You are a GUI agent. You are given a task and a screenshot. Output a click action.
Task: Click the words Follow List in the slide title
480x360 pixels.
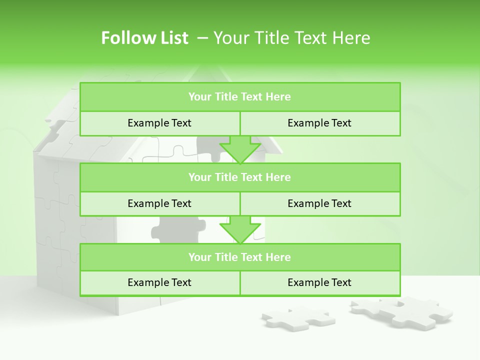(x=144, y=38)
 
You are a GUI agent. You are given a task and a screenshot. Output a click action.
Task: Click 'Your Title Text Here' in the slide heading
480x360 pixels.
(x=291, y=38)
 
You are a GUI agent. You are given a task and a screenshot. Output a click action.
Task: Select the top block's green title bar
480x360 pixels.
(x=239, y=97)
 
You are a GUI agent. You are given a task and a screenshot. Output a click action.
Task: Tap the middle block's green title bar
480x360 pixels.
(x=239, y=177)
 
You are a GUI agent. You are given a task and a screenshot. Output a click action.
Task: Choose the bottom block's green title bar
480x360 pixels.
(x=239, y=257)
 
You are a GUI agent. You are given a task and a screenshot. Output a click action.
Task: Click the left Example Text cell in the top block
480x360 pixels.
(x=159, y=123)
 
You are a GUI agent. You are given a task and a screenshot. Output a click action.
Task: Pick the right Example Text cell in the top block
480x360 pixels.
(x=319, y=123)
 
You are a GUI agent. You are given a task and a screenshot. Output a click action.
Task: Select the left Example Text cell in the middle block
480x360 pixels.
(x=159, y=203)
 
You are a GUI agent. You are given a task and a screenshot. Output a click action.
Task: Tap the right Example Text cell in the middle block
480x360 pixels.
(x=319, y=203)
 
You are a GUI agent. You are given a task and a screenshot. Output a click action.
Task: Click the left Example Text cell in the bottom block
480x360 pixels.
(x=159, y=282)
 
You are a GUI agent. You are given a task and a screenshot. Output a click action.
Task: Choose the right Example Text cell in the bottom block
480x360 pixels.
(x=319, y=282)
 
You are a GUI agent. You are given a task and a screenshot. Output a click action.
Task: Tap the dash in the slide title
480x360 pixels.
(x=203, y=38)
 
